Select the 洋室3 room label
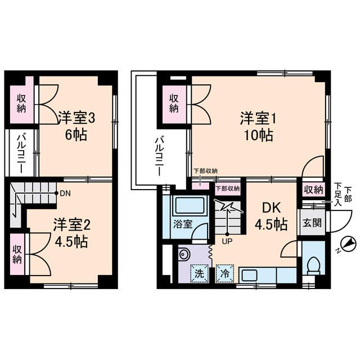[x=76, y=119]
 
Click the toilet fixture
[x=313, y=264]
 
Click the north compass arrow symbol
[x=349, y=243]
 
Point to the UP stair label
[x=227, y=242]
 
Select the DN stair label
[x=64, y=192]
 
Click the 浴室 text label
[x=183, y=223]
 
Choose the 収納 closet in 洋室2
[x=19, y=254]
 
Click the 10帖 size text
[x=259, y=136]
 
